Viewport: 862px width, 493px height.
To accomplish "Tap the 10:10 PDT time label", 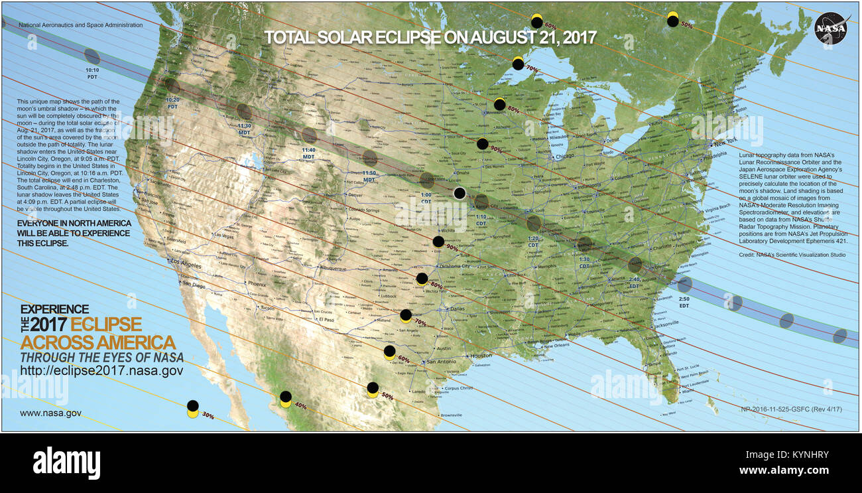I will click(92, 73).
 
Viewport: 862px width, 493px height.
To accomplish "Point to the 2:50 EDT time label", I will click(684, 303).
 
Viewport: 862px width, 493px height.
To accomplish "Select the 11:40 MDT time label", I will click(309, 153).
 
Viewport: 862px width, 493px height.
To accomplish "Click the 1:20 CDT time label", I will click(533, 242).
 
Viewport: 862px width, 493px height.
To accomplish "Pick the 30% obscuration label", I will click(208, 416).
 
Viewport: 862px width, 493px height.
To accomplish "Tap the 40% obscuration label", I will click(300, 406).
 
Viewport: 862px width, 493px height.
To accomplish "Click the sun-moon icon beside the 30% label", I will click(193, 409).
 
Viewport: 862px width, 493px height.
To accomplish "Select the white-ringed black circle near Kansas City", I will click(460, 193).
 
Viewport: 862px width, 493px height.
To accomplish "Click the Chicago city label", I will click(566, 157).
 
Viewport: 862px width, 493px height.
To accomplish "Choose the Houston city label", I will click(481, 356).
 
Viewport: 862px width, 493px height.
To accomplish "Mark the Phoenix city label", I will click(257, 284).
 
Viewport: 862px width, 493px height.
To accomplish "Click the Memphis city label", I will click(548, 267).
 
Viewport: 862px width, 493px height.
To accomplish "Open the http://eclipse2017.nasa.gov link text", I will click(101, 371).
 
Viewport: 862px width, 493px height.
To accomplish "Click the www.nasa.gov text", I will click(50, 413).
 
